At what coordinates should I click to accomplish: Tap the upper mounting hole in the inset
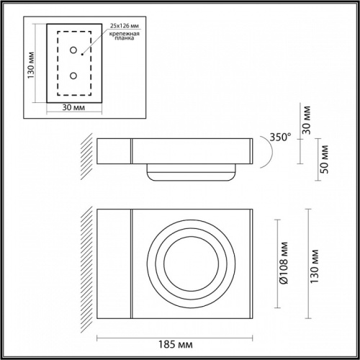tap(74, 50)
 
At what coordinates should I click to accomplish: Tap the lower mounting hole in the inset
tap(74, 75)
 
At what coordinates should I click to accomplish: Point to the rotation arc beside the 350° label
tap(263, 152)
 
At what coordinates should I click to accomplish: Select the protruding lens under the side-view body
tap(191, 174)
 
